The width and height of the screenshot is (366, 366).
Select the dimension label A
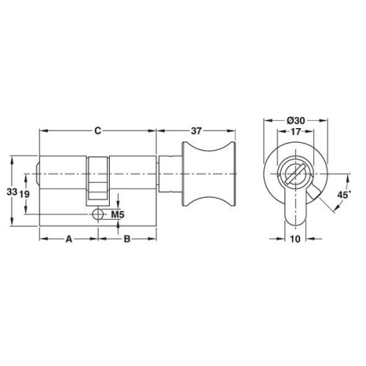click(69, 239)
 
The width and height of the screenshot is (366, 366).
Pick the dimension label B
click(127, 239)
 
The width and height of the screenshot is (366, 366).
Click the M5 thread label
click(116, 214)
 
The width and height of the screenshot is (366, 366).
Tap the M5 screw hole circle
click(98, 214)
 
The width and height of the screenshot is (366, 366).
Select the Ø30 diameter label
click(292, 120)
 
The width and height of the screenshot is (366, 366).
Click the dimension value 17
click(292, 132)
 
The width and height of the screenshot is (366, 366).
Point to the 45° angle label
click(345, 196)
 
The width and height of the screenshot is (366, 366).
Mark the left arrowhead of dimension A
click(41, 239)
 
